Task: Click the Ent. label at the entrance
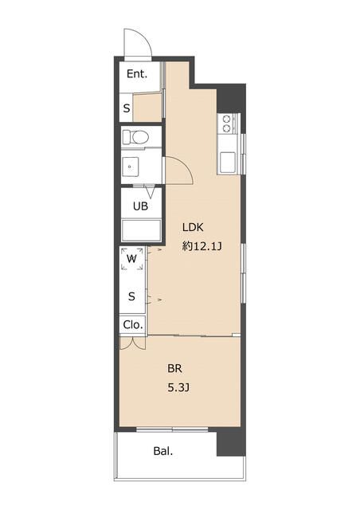click(x=137, y=74)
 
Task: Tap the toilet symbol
click(x=136, y=137)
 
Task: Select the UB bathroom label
click(x=140, y=206)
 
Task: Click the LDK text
click(x=193, y=227)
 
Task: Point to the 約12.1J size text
click(x=202, y=246)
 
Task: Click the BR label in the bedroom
click(x=174, y=368)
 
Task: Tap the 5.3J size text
click(x=178, y=387)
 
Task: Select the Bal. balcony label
click(x=163, y=451)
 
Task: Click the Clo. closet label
click(x=133, y=324)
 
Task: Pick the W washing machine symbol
click(x=131, y=259)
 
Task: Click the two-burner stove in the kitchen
click(x=226, y=124)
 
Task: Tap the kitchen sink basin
click(x=229, y=163)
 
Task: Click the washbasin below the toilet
click(x=130, y=167)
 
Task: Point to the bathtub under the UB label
click(x=141, y=230)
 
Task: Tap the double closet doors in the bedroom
click(x=132, y=343)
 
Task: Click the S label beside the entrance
click(x=127, y=108)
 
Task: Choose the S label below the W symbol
click(x=131, y=296)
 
